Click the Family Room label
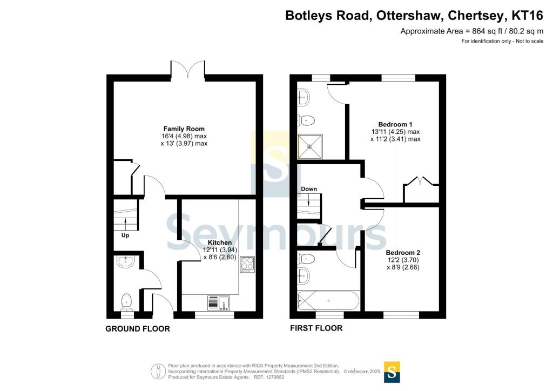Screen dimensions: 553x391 tap(184, 129)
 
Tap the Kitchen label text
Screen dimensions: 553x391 tap(220, 242)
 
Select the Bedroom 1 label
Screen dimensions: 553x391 tap(395, 124)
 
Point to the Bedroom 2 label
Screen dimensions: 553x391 tap(403, 253)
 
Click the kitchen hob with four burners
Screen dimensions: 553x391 tap(247, 265)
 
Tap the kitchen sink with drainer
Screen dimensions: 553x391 tap(219, 303)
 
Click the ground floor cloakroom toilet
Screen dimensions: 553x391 tap(126, 302)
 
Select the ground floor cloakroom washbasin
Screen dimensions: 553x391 tap(125, 262)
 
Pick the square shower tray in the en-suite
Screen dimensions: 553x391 tap(310, 146)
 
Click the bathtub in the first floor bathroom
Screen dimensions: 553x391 tap(328, 301)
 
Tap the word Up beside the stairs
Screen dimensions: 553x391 tap(125, 235)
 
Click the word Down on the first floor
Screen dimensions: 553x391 tap(309, 189)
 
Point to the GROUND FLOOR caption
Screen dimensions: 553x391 tap(138, 328)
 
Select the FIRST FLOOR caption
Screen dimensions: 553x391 tap(316, 328)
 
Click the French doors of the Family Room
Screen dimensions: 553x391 tap(187, 69)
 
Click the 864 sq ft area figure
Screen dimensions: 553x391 tap(487, 31)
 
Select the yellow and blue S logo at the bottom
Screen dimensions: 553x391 tap(392, 372)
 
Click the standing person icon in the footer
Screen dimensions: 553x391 tap(158, 372)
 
